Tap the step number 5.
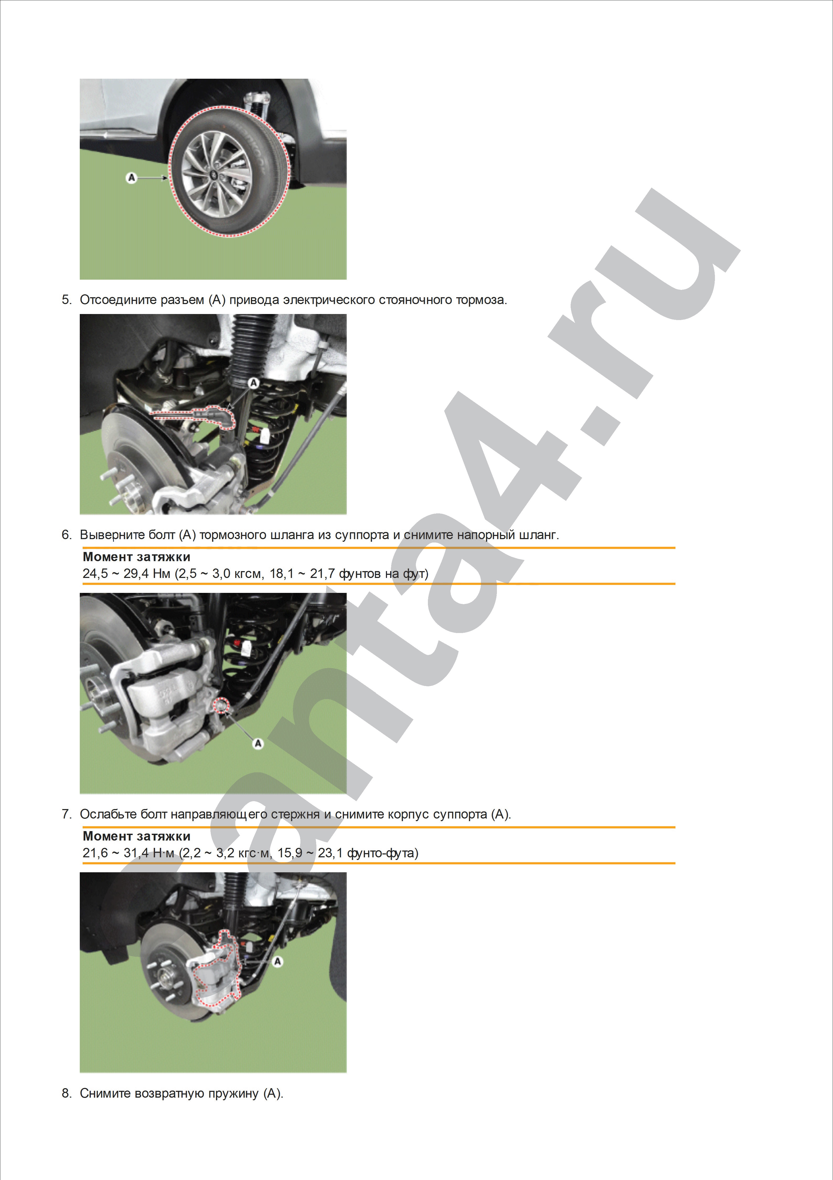point(66,300)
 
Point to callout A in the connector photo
point(253,382)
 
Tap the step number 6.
point(66,535)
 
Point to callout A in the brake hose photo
point(258,743)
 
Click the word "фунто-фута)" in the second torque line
point(383,853)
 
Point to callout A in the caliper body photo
point(278,961)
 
